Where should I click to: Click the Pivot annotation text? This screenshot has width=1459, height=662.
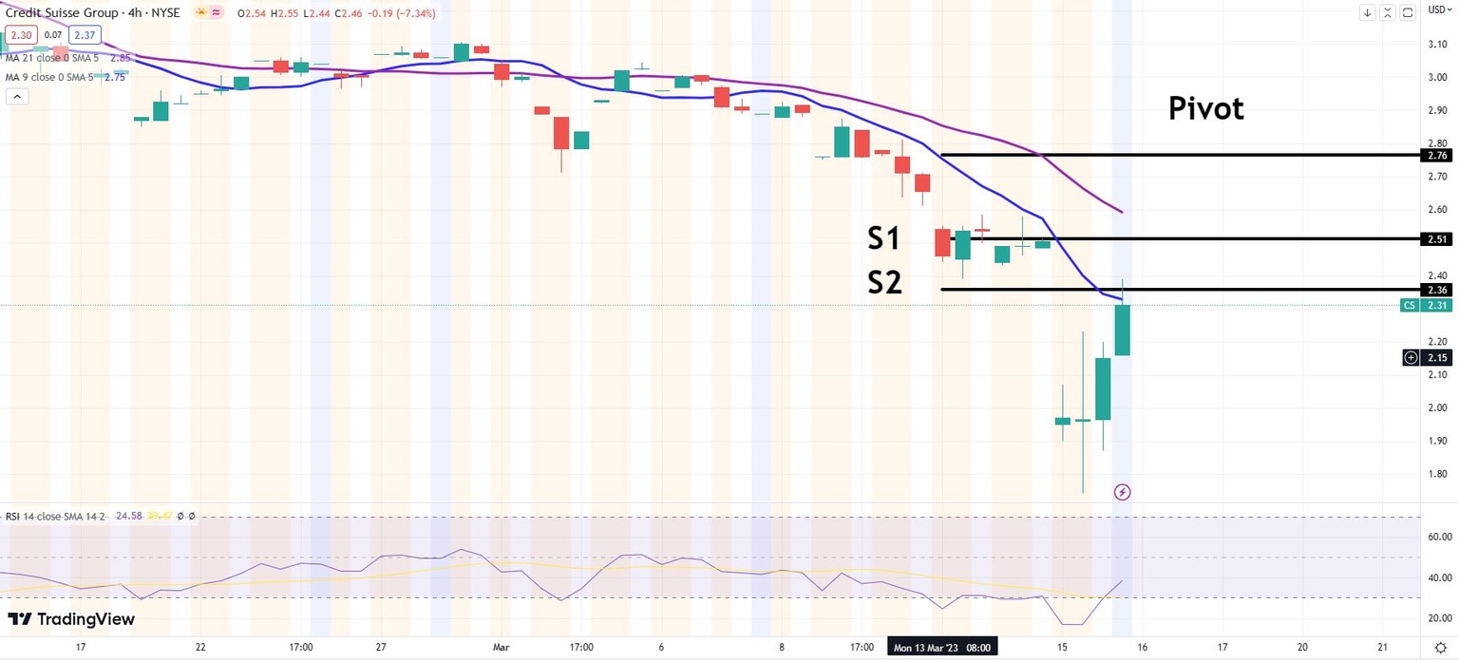pos(1205,109)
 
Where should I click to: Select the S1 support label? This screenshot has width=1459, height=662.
pos(883,238)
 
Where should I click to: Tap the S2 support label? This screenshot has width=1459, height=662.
pos(883,282)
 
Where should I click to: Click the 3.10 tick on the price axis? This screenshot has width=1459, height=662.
pos(1436,45)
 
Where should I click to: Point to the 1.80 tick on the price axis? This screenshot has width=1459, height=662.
pos(1436,474)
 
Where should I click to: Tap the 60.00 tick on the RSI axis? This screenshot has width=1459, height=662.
pos(1436,537)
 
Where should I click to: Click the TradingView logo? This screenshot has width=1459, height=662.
pos(71,619)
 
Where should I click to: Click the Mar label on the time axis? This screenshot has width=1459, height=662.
pos(501,648)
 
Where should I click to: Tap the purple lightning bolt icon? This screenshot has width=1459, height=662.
pos(1122,492)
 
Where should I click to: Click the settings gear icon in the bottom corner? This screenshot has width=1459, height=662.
pos(1439,648)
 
